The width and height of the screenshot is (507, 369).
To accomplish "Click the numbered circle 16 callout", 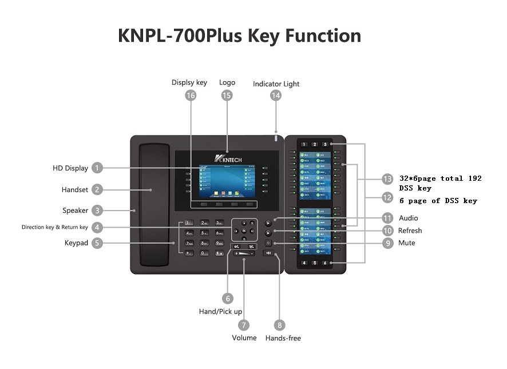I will (191, 96).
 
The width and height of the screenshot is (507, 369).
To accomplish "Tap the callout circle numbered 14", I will (276, 96).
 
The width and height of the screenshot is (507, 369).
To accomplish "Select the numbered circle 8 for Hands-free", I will (280, 325).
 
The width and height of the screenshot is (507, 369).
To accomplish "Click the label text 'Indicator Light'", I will (276, 84).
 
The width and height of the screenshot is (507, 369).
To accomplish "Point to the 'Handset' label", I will (75, 190).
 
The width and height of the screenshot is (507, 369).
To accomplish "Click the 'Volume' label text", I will (244, 338).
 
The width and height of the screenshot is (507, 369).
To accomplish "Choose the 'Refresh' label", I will (410, 231).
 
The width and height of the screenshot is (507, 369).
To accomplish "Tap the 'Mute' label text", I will (407, 243).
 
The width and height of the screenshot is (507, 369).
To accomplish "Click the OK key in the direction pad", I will (245, 231).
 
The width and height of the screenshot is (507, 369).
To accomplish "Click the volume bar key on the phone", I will (244, 253).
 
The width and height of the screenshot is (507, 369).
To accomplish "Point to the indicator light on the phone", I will (276, 138).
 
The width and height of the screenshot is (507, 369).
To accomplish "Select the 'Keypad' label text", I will (76, 243).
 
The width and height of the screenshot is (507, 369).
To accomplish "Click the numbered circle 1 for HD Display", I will (98, 168).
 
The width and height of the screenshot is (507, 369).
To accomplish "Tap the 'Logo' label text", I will (227, 82).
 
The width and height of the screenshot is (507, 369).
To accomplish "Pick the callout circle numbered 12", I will (388, 197).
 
